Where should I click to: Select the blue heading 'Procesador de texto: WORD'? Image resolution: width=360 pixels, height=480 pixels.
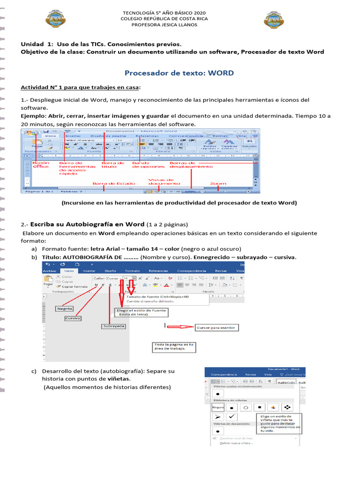point(179,73)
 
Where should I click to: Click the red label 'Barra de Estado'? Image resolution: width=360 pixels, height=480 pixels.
point(114,184)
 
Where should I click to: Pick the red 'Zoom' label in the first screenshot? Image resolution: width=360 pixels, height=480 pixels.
point(218,184)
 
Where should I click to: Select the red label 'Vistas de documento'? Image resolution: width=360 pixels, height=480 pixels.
point(161,182)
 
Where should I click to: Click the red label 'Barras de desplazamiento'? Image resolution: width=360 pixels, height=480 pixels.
point(191,165)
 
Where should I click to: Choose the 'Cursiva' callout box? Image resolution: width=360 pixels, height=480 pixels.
point(73,318)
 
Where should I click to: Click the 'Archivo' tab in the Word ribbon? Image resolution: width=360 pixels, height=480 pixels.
point(50,271)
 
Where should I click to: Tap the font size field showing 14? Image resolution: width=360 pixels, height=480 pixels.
point(127,278)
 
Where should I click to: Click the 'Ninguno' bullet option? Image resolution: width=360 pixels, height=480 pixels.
point(218,407)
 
